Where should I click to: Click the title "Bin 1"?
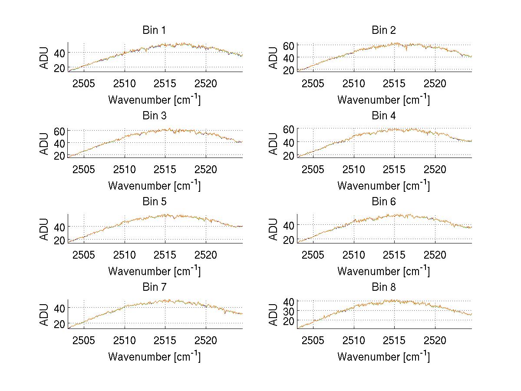[x=154, y=30]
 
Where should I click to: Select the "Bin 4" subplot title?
[x=384, y=116]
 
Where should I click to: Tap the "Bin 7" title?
[x=154, y=287]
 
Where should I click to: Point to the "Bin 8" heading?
[x=384, y=287]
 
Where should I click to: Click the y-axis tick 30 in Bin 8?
[x=289, y=311]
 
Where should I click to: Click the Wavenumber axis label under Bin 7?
[x=154, y=356]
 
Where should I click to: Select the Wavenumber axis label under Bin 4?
[x=384, y=185]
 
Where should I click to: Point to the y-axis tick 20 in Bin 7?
[x=59, y=324]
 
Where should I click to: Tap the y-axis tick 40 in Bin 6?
[x=289, y=225]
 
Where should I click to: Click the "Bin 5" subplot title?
[x=154, y=202]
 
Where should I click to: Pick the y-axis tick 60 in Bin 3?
[x=59, y=131]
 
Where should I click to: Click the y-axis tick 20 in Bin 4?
[x=289, y=155]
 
